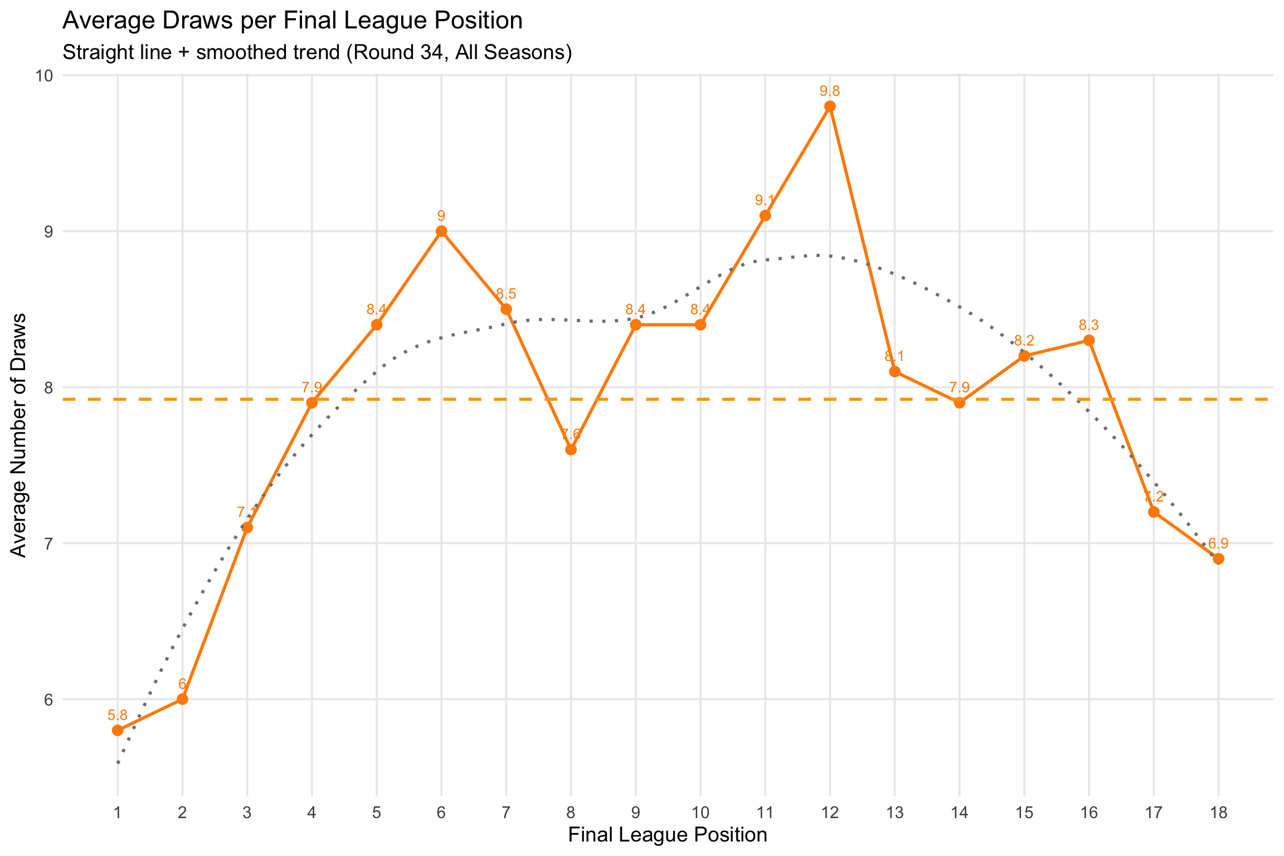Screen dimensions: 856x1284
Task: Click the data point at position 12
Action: coord(830,106)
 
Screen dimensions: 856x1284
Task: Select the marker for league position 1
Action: coord(118,730)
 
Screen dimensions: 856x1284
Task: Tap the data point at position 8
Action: coord(571,449)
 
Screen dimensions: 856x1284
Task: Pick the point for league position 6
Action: coord(441,231)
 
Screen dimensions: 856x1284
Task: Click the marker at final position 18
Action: coord(1218,558)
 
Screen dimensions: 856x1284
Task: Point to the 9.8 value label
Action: coord(830,91)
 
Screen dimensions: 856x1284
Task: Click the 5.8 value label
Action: coord(118,714)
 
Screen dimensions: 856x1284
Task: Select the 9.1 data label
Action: coord(765,200)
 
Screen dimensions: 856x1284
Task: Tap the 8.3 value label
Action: coord(1089,325)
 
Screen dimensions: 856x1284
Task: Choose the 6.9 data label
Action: coord(1218,543)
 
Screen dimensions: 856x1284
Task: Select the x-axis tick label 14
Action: coord(959,813)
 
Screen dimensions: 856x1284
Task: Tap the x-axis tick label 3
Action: coord(247,813)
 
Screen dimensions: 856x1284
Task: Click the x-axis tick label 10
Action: coord(701,813)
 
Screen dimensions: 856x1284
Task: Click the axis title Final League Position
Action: coord(668,835)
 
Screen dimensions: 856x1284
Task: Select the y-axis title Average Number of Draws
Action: coord(19,435)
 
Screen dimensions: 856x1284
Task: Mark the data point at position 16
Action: coord(1089,341)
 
